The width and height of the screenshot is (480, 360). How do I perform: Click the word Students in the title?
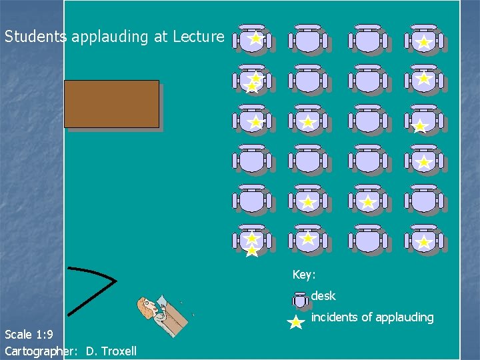[34, 37]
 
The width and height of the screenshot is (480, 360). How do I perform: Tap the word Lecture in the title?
[198, 37]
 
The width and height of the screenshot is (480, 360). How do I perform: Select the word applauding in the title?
[110, 37]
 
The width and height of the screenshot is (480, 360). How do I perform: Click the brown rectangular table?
[111, 103]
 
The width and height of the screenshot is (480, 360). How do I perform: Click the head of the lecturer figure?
[147, 307]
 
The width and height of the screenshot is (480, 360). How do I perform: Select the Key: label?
[304, 275]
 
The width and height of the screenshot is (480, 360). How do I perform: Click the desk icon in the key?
[301, 299]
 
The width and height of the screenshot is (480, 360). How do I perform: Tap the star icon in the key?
[295, 323]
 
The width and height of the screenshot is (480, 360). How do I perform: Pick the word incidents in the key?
[334, 317]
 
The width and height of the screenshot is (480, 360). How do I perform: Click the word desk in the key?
[323, 296]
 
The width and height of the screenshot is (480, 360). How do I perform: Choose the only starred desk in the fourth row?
[423, 161]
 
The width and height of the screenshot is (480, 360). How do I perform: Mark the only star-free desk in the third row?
[367, 121]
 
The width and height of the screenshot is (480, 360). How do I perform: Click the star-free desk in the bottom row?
[367, 240]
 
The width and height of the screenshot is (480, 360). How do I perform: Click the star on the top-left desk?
[255, 39]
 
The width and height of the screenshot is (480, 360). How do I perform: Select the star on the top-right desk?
[423, 43]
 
